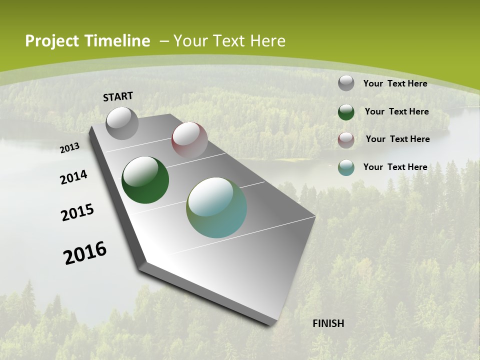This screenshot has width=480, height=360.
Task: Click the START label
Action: pos(118,96)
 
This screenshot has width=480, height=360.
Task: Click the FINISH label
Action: pos(328,323)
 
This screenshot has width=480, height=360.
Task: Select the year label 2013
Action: pos(70,147)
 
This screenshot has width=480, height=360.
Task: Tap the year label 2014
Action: pos(74,177)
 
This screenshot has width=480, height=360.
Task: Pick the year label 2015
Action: pos(77,212)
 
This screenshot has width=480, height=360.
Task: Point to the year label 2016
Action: pos(85,253)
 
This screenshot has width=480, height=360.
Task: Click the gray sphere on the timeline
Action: pos(122,123)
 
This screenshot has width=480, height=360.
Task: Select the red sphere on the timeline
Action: pos(189,140)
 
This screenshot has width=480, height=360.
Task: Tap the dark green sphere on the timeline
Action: pos(145,180)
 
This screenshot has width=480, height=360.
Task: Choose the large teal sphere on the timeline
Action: pos(216,207)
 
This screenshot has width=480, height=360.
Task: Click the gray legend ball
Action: pos(346,83)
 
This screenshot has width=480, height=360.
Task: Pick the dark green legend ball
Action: pos(346,112)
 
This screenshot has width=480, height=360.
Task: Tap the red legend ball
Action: pos(346,140)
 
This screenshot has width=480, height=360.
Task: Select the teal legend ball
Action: pos(346,167)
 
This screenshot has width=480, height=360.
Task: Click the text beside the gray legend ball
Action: pos(395,83)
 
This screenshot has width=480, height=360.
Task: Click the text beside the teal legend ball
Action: pos(395,167)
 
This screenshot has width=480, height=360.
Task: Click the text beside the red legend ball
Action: pos(397,139)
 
